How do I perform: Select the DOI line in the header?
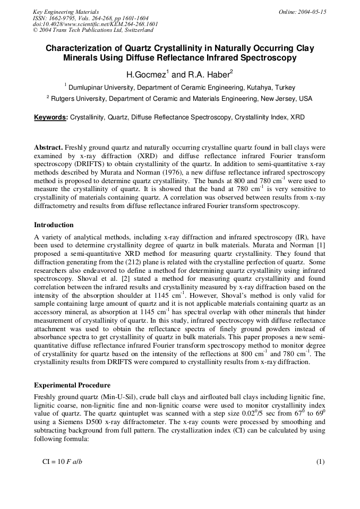click(x=95, y=24)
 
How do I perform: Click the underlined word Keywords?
click(x=50, y=117)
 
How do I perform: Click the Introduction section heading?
click(x=54, y=225)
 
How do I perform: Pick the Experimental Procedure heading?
click(x=72, y=385)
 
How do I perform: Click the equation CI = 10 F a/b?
click(x=62, y=462)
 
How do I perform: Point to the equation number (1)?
click(x=320, y=462)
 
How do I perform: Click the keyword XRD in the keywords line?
click(x=297, y=117)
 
